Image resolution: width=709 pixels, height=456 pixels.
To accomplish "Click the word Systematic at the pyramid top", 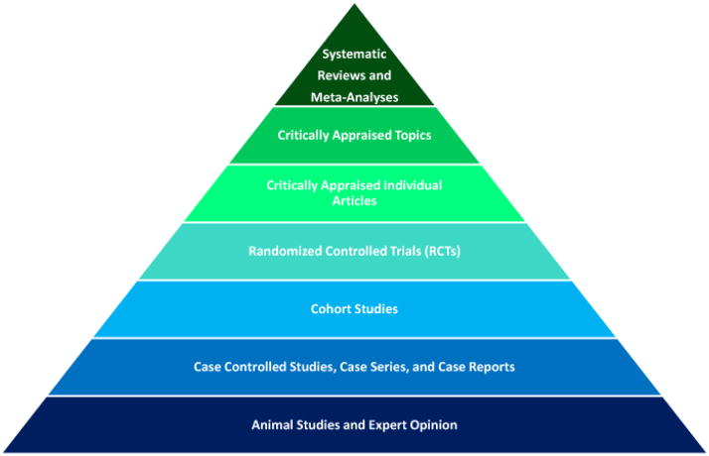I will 354,54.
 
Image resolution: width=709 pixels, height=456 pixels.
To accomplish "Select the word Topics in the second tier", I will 411,135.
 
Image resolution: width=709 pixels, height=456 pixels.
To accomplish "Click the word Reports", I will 490,367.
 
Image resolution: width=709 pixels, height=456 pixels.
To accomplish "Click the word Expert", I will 384,425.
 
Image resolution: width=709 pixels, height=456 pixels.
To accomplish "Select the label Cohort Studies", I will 354,309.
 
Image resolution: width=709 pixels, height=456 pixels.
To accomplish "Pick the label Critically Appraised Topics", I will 354,135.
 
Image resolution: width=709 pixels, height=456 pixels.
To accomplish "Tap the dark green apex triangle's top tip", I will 354,7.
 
